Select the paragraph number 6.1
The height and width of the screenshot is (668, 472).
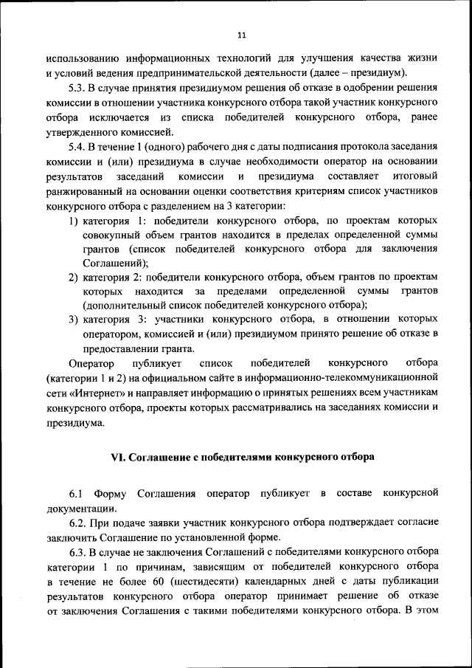(77, 492)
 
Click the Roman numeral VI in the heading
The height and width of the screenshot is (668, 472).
(118, 457)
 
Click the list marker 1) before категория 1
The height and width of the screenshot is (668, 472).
(74, 221)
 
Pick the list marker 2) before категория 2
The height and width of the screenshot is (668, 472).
(74, 276)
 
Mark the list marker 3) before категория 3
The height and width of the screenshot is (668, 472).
(74, 320)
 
